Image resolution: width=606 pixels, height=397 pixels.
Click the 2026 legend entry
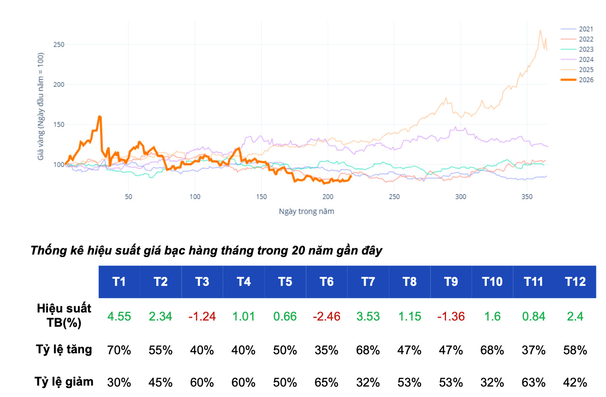coord(577,80)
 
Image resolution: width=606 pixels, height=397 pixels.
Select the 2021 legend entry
coord(577,29)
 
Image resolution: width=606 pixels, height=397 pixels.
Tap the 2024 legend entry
coord(577,59)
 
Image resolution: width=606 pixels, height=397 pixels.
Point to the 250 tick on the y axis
coord(59,45)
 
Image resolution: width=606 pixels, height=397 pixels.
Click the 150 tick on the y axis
coord(59,125)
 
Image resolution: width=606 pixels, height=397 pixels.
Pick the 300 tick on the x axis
coord(461,197)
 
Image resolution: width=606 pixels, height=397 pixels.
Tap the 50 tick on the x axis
coord(129,197)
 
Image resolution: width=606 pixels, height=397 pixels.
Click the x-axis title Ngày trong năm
coord(306,211)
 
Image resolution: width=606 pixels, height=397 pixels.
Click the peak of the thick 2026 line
coord(100,116)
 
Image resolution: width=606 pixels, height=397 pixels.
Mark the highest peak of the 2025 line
coord(540,30)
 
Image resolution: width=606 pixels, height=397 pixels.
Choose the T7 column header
coord(368,282)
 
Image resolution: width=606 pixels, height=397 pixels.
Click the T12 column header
coord(575,282)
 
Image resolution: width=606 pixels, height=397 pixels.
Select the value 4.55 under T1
coord(119,316)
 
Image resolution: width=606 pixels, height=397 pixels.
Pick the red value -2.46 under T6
coord(327,316)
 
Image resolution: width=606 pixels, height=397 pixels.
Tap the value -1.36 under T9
coord(451,316)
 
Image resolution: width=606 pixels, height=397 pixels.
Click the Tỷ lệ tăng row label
coord(64,350)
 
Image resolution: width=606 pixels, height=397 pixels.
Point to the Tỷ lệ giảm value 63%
coord(534,383)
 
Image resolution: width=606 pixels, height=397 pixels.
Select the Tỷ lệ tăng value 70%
coord(119,350)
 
